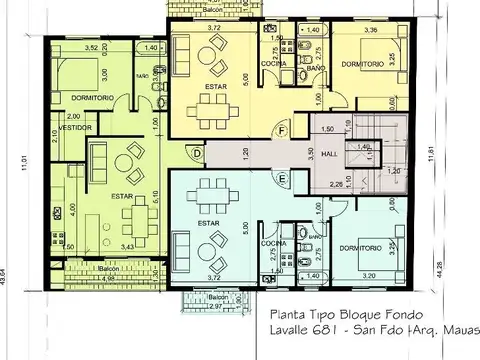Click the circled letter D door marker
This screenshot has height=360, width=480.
click(197, 152)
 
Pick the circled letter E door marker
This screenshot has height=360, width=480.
click(283, 179)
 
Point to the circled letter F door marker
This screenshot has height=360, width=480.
click(283, 131)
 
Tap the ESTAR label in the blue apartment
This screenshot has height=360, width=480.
click(208, 224)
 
